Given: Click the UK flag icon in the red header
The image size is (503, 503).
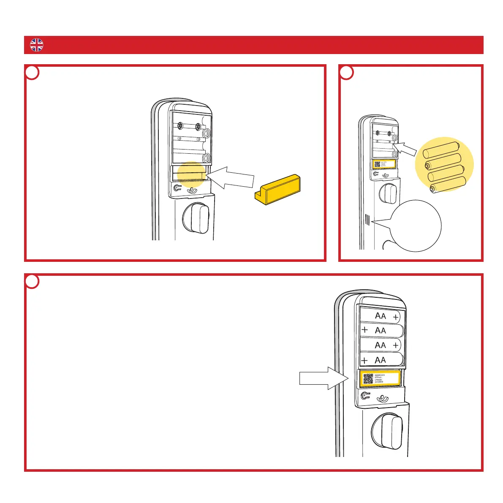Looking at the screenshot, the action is pyautogui.click(x=37, y=45).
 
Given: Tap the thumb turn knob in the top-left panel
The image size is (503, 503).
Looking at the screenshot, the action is pyautogui.click(x=196, y=218).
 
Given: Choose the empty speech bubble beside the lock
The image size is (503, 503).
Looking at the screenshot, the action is pyautogui.click(x=416, y=226).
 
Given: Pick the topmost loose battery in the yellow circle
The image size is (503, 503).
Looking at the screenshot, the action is pyautogui.click(x=441, y=150).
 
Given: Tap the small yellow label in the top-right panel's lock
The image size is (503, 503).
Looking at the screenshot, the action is pyautogui.click(x=384, y=164).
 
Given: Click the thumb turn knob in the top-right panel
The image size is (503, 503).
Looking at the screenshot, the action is pyautogui.click(x=388, y=193).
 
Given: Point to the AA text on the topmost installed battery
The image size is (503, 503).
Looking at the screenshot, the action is pyautogui.click(x=381, y=316).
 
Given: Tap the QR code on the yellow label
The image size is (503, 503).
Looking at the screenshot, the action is pyautogui.click(x=368, y=379).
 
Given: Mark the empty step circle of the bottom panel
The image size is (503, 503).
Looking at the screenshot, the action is pyautogui.click(x=33, y=282).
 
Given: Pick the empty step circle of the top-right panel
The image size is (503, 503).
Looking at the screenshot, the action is pyautogui.click(x=347, y=73).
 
